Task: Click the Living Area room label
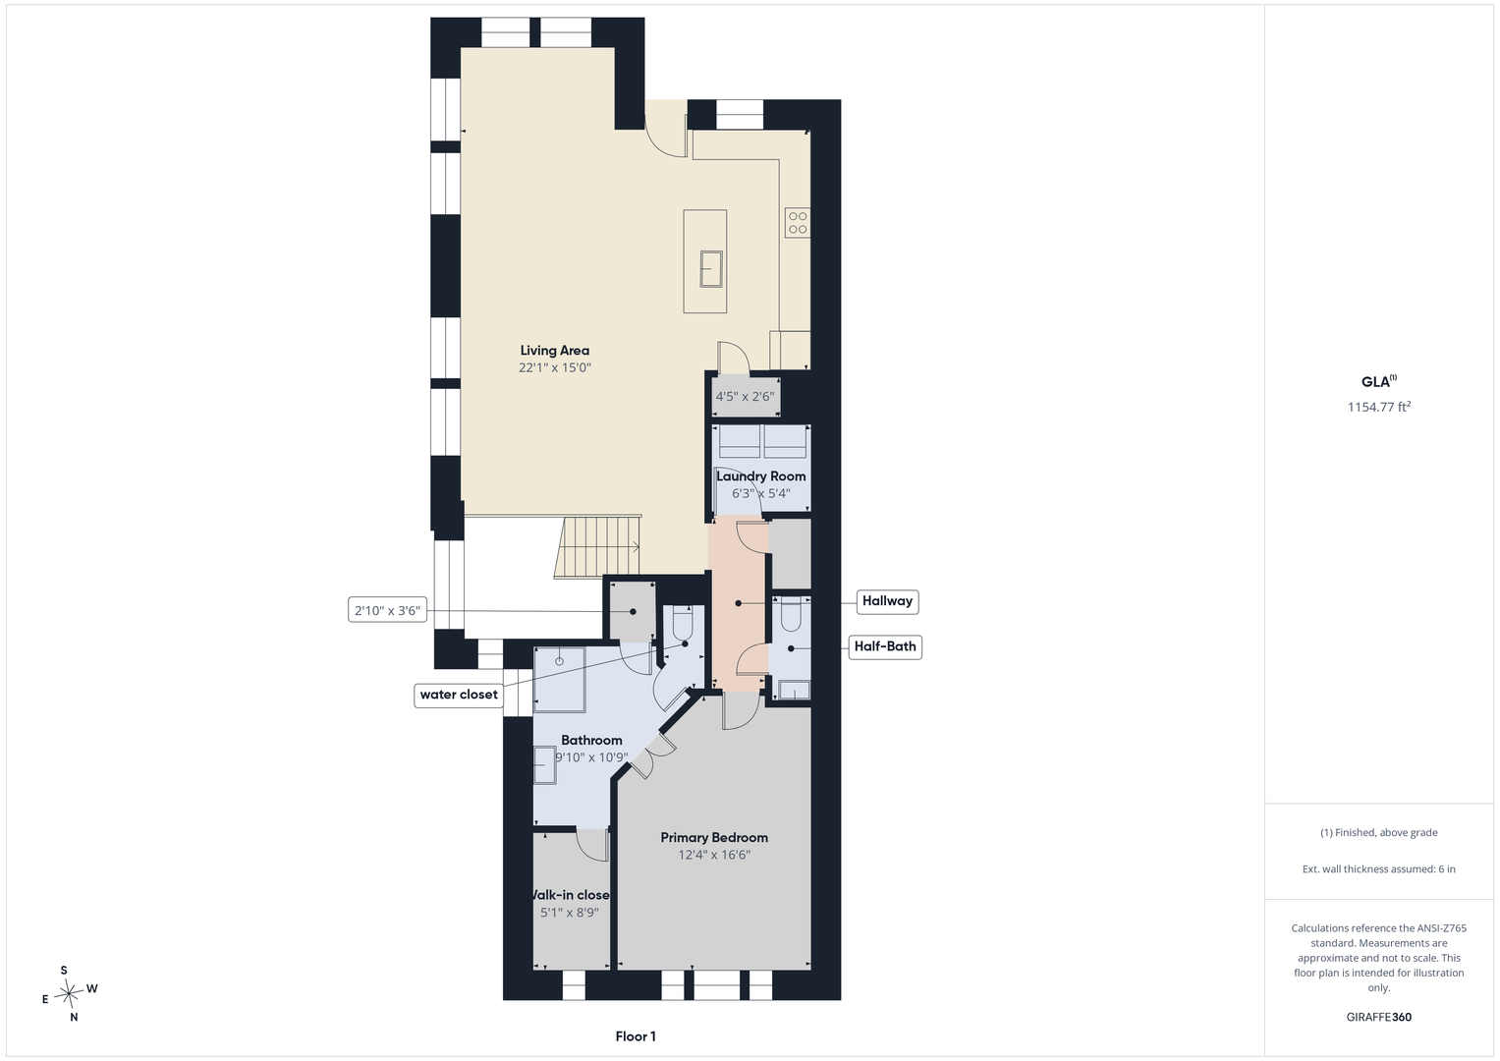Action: point(554,351)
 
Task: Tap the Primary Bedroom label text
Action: point(714,837)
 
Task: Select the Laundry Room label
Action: point(760,476)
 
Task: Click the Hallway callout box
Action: point(887,601)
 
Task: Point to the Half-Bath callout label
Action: point(885,647)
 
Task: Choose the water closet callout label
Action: point(459,696)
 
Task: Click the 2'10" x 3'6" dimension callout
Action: point(388,610)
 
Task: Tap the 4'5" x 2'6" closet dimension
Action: point(745,397)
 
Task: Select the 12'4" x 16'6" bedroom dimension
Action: point(714,855)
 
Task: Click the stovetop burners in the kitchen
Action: point(798,222)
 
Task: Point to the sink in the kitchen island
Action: point(711,268)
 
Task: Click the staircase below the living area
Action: point(597,546)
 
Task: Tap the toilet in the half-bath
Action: point(791,614)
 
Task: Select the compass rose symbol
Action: point(69,993)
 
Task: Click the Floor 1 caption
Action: point(636,1036)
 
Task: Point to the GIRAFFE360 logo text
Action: point(1379,1017)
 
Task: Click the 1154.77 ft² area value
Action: point(1379,407)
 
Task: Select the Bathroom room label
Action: point(591,740)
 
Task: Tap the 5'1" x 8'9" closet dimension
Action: point(569,913)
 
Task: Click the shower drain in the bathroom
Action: point(559,661)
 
